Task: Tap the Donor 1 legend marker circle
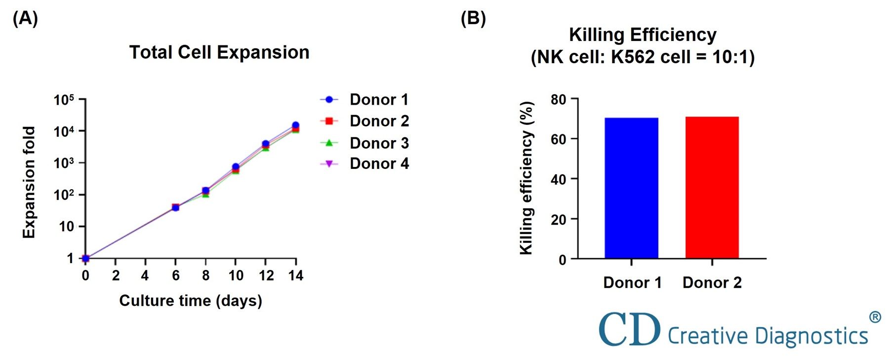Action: pyautogui.click(x=329, y=100)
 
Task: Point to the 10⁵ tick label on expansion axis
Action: pyautogui.click(x=64, y=100)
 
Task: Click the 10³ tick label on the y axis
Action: pyautogui.click(x=64, y=163)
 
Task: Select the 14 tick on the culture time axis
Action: pyautogui.click(x=295, y=276)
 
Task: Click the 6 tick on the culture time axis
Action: pyautogui.click(x=175, y=276)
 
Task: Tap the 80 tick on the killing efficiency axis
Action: pyautogui.click(x=558, y=100)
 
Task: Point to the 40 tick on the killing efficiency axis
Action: pyautogui.click(x=558, y=180)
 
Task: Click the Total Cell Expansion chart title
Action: pyautogui.click(x=219, y=52)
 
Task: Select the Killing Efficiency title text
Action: pyautogui.click(x=643, y=35)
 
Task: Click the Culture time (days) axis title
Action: pyautogui.click(x=191, y=300)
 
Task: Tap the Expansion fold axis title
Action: pyautogui.click(x=30, y=182)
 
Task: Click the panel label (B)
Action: pyautogui.click(x=473, y=19)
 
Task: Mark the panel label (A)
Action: pyautogui.click(x=25, y=19)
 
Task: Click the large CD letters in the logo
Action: pyautogui.click(x=629, y=329)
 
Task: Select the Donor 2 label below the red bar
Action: pyautogui.click(x=712, y=282)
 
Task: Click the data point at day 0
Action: pyautogui.click(x=85, y=258)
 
